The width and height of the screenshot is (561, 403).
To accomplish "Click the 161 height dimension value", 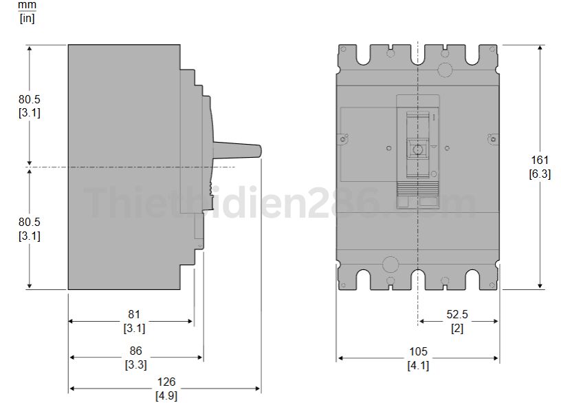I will pos(540,161).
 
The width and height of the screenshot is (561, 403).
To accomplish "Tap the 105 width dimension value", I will pos(417,351).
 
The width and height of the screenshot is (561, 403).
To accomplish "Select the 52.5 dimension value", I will pos(457,315).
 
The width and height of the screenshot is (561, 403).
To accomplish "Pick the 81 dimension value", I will pos(134,315).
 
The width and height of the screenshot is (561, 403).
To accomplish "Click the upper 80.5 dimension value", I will pos(29,99).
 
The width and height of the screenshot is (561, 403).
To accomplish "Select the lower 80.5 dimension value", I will pos(29,222).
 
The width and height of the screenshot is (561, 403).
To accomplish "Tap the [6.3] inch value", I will pos(540,174).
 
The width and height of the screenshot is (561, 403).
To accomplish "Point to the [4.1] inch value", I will pos(417,365).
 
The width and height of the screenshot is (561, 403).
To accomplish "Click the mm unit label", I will pos(27,4).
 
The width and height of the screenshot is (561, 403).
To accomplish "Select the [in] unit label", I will pos(27,18).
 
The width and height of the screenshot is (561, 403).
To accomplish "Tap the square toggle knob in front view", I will pos(417,148).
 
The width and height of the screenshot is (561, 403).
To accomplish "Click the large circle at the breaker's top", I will pos(444,69).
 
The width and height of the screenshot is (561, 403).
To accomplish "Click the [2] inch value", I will pos(457,329).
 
